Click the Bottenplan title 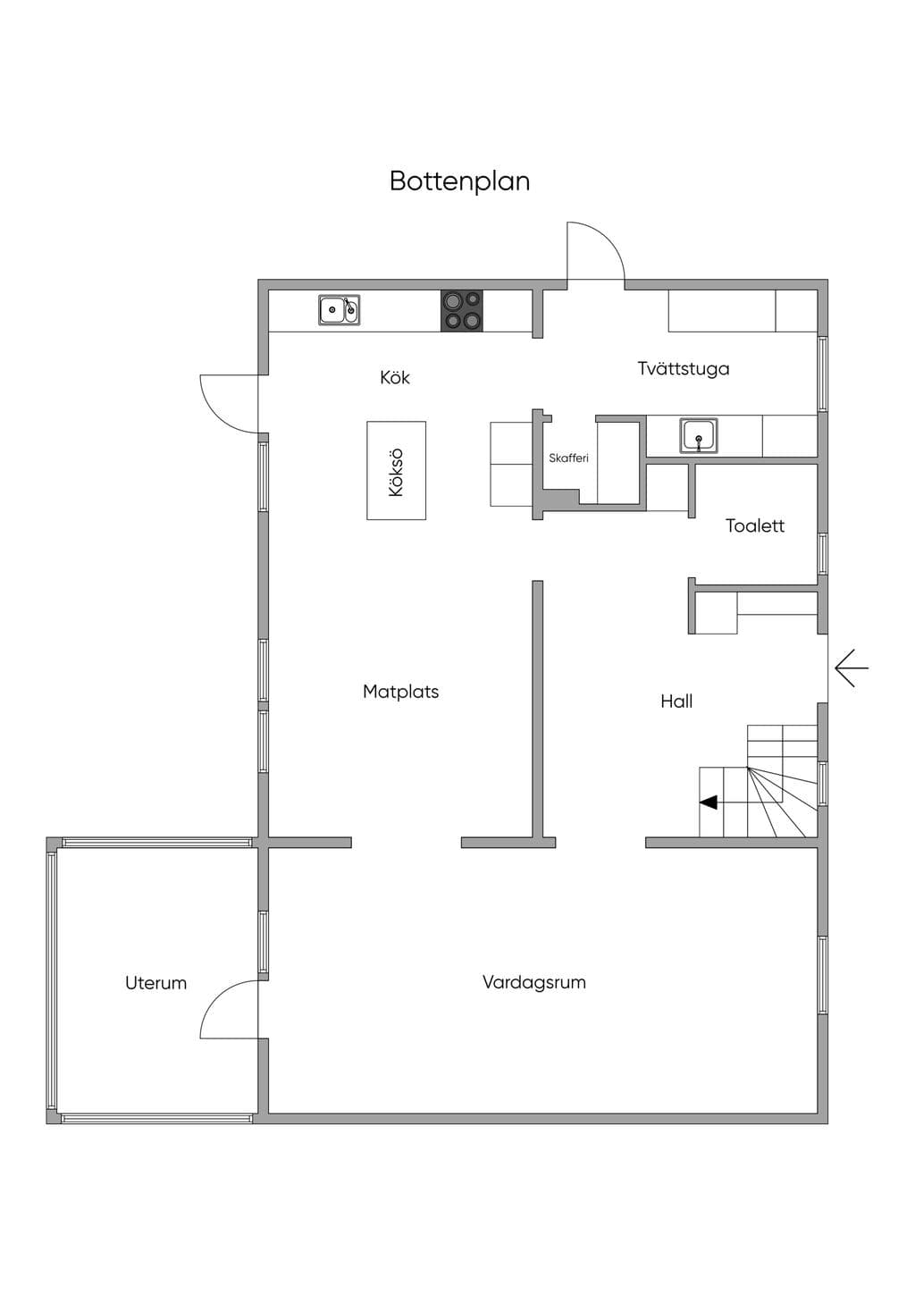[460, 181]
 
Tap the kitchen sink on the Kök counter [339, 310]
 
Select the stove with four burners [462, 311]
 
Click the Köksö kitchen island [396, 470]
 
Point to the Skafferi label [568, 458]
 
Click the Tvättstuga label [684, 368]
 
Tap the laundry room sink [699, 435]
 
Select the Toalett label [755, 525]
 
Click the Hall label [676, 702]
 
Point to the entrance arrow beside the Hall [852, 668]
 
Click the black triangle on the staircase [709, 802]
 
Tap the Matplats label [401, 692]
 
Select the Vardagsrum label [534, 982]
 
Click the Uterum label [156, 983]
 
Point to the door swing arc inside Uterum [216, 996]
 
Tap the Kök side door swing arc [216, 416]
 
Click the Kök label [395, 378]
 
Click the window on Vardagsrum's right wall [823, 975]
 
